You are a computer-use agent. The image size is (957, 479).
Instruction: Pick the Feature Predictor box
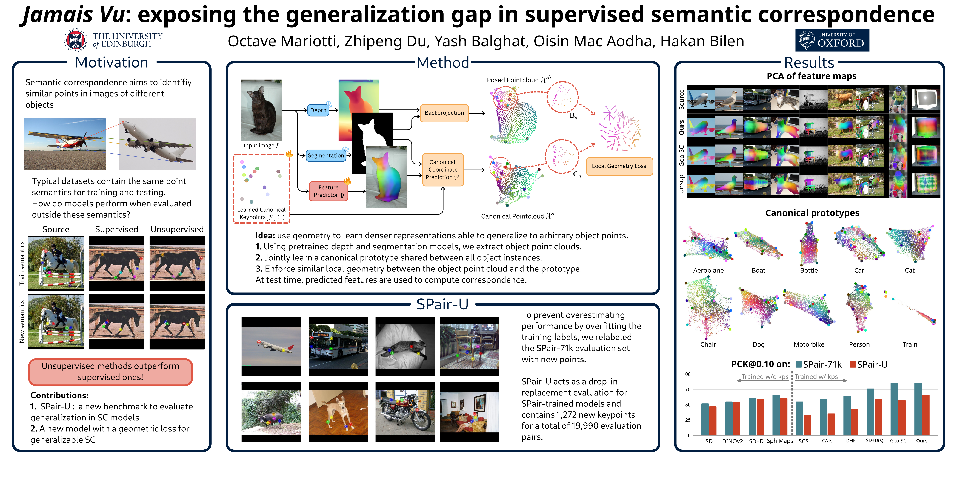(x=328, y=191)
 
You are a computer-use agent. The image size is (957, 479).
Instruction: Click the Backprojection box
(x=444, y=113)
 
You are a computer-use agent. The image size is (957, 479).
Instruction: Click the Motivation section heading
(x=111, y=62)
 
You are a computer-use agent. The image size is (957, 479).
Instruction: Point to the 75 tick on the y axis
(x=688, y=389)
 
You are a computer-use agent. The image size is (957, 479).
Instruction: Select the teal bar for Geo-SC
(x=894, y=409)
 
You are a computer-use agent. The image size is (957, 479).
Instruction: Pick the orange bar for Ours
(x=925, y=415)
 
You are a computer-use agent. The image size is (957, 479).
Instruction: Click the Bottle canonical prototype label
(x=809, y=270)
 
